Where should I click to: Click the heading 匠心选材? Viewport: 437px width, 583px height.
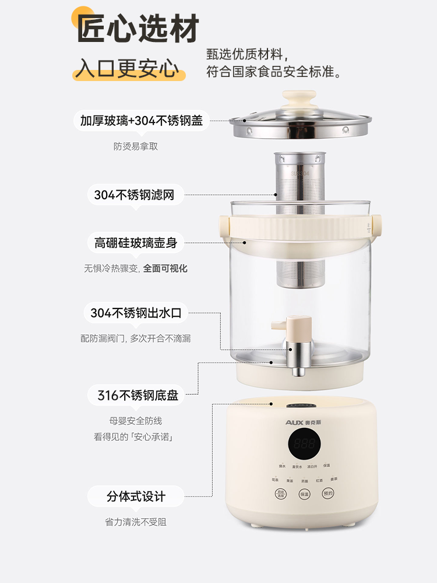click(139, 29)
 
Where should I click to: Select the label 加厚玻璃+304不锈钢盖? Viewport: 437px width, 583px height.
click(142, 121)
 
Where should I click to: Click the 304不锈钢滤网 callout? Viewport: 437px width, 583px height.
click(135, 195)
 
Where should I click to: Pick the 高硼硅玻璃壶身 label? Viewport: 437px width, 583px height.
click(136, 243)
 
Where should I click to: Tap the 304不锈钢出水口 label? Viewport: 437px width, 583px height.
click(136, 313)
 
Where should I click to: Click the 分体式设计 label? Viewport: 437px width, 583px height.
click(136, 497)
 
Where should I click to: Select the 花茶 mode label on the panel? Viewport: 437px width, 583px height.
click(275, 479)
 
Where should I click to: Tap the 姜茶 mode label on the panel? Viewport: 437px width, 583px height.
click(334, 479)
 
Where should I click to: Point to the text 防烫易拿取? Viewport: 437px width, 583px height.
click(136, 146)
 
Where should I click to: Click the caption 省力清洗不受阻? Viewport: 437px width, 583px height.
click(136, 522)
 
